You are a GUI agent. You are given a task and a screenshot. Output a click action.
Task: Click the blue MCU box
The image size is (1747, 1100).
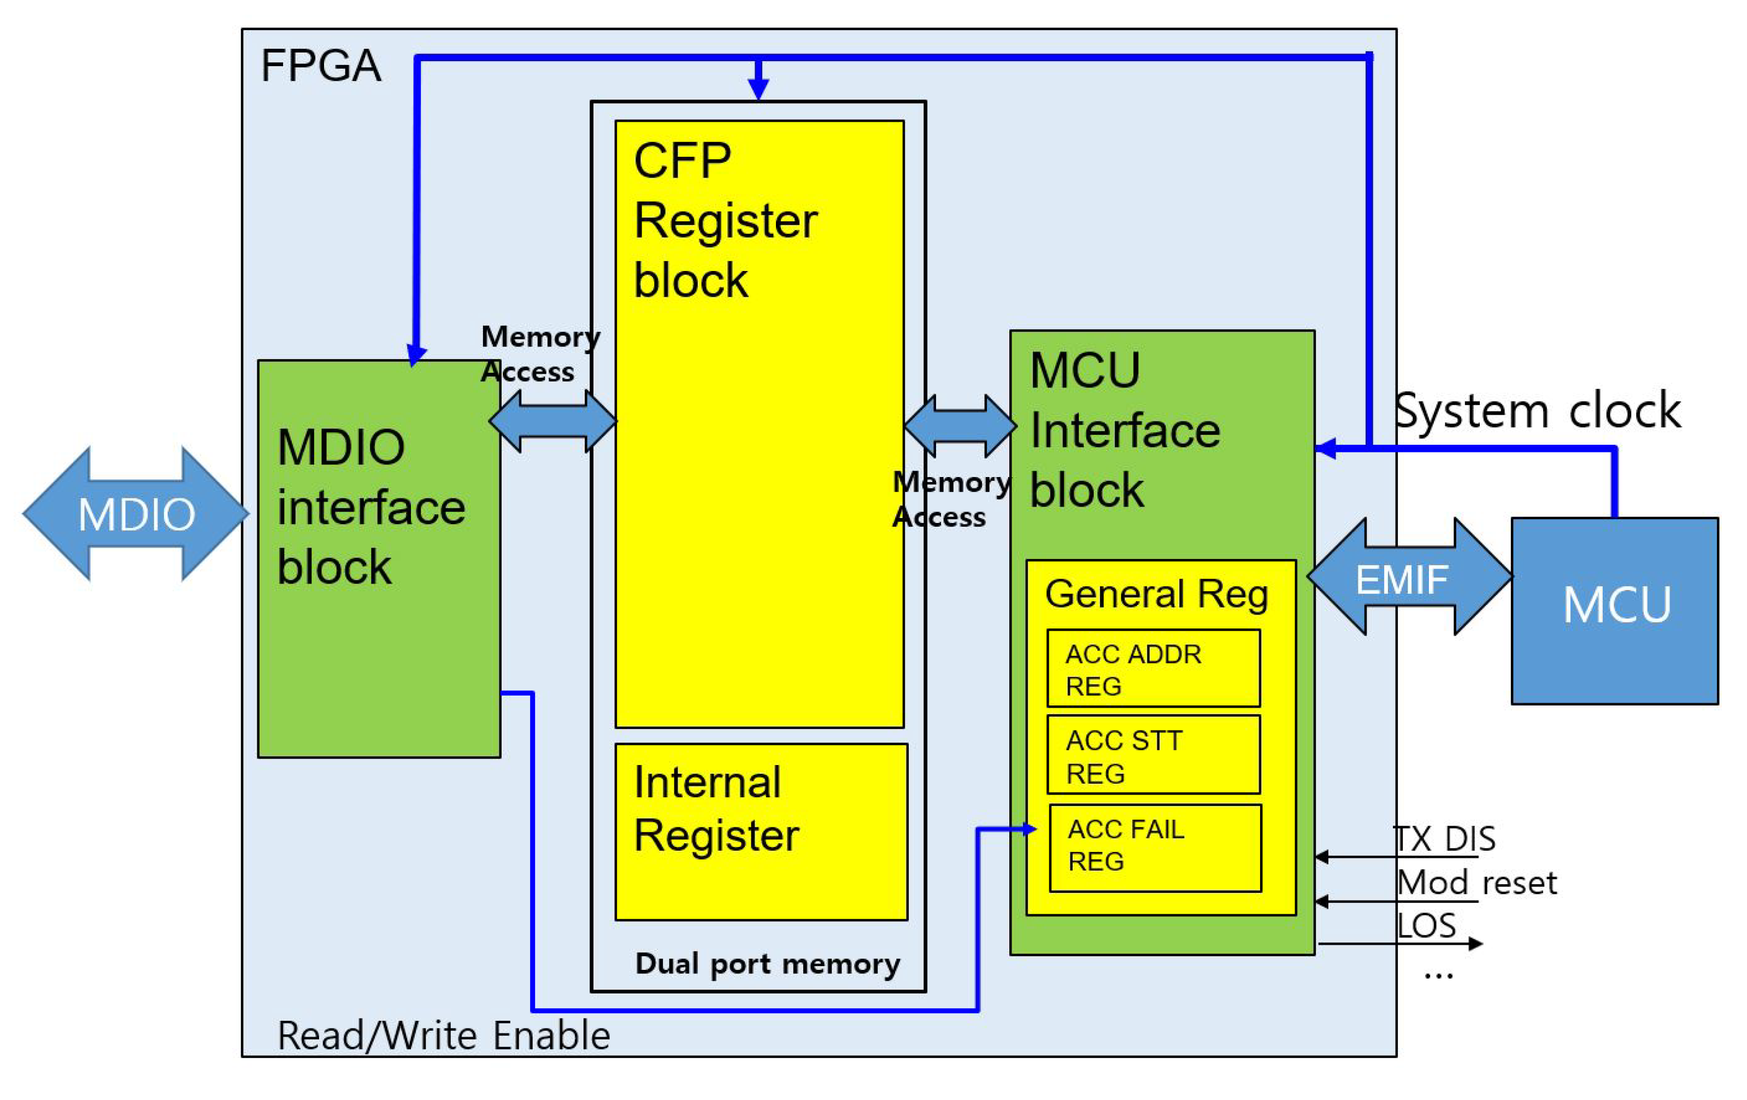tap(1615, 611)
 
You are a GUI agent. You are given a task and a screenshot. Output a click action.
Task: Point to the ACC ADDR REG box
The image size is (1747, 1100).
tap(1153, 668)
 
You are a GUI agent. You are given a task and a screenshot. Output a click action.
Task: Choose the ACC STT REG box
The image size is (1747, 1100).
tap(1153, 755)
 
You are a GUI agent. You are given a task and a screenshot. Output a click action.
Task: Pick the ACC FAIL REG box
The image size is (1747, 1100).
tap(1155, 847)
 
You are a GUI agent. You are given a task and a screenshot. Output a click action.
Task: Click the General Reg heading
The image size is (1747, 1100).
tap(1156, 594)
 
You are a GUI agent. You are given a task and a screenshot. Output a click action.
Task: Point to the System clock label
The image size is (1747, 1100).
tap(1537, 411)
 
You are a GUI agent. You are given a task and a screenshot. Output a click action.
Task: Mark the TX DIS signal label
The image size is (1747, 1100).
tap(1444, 839)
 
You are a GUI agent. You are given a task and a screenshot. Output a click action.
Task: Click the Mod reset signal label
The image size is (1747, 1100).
tap(1477, 883)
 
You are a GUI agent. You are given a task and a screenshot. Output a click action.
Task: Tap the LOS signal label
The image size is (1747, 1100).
tap(1426, 926)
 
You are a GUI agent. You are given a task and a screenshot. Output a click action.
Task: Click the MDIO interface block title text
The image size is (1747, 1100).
tap(370, 507)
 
